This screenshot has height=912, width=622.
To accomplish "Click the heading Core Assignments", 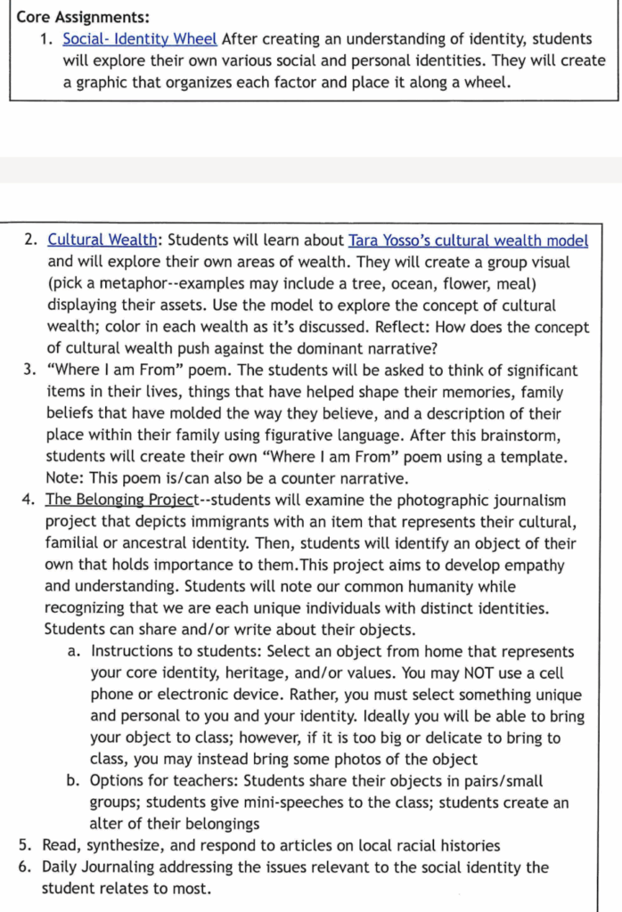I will tap(83, 17).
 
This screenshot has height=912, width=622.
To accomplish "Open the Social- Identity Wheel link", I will tap(140, 39).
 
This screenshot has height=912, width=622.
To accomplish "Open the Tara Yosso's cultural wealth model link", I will tap(468, 240).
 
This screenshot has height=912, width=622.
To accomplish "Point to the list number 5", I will tap(25, 846).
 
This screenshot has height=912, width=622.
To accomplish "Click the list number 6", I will tap(25, 867).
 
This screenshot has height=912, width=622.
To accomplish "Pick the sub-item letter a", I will tap(74, 652).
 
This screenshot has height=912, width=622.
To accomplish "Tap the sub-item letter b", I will tap(74, 781).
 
